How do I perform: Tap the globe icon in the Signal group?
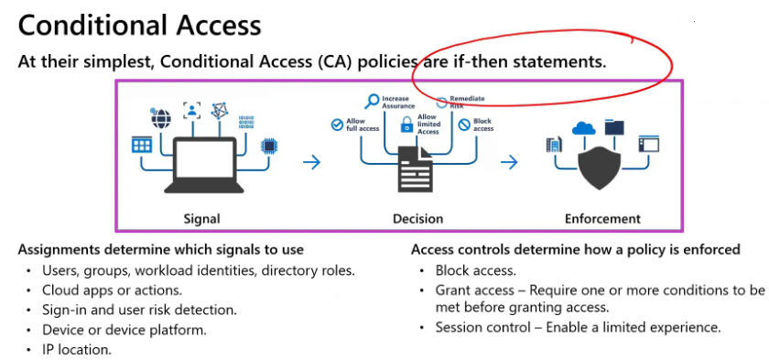coord(161,117)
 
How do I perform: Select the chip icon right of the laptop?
coord(269,145)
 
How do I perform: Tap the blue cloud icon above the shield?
coord(583,128)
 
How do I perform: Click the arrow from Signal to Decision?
coord(311,162)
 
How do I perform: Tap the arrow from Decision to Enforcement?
coord(509,162)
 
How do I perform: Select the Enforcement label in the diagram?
coord(602,219)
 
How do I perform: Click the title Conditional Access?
coord(140,25)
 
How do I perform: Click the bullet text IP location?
coord(77,349)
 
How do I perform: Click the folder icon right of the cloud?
coord(614,126)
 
